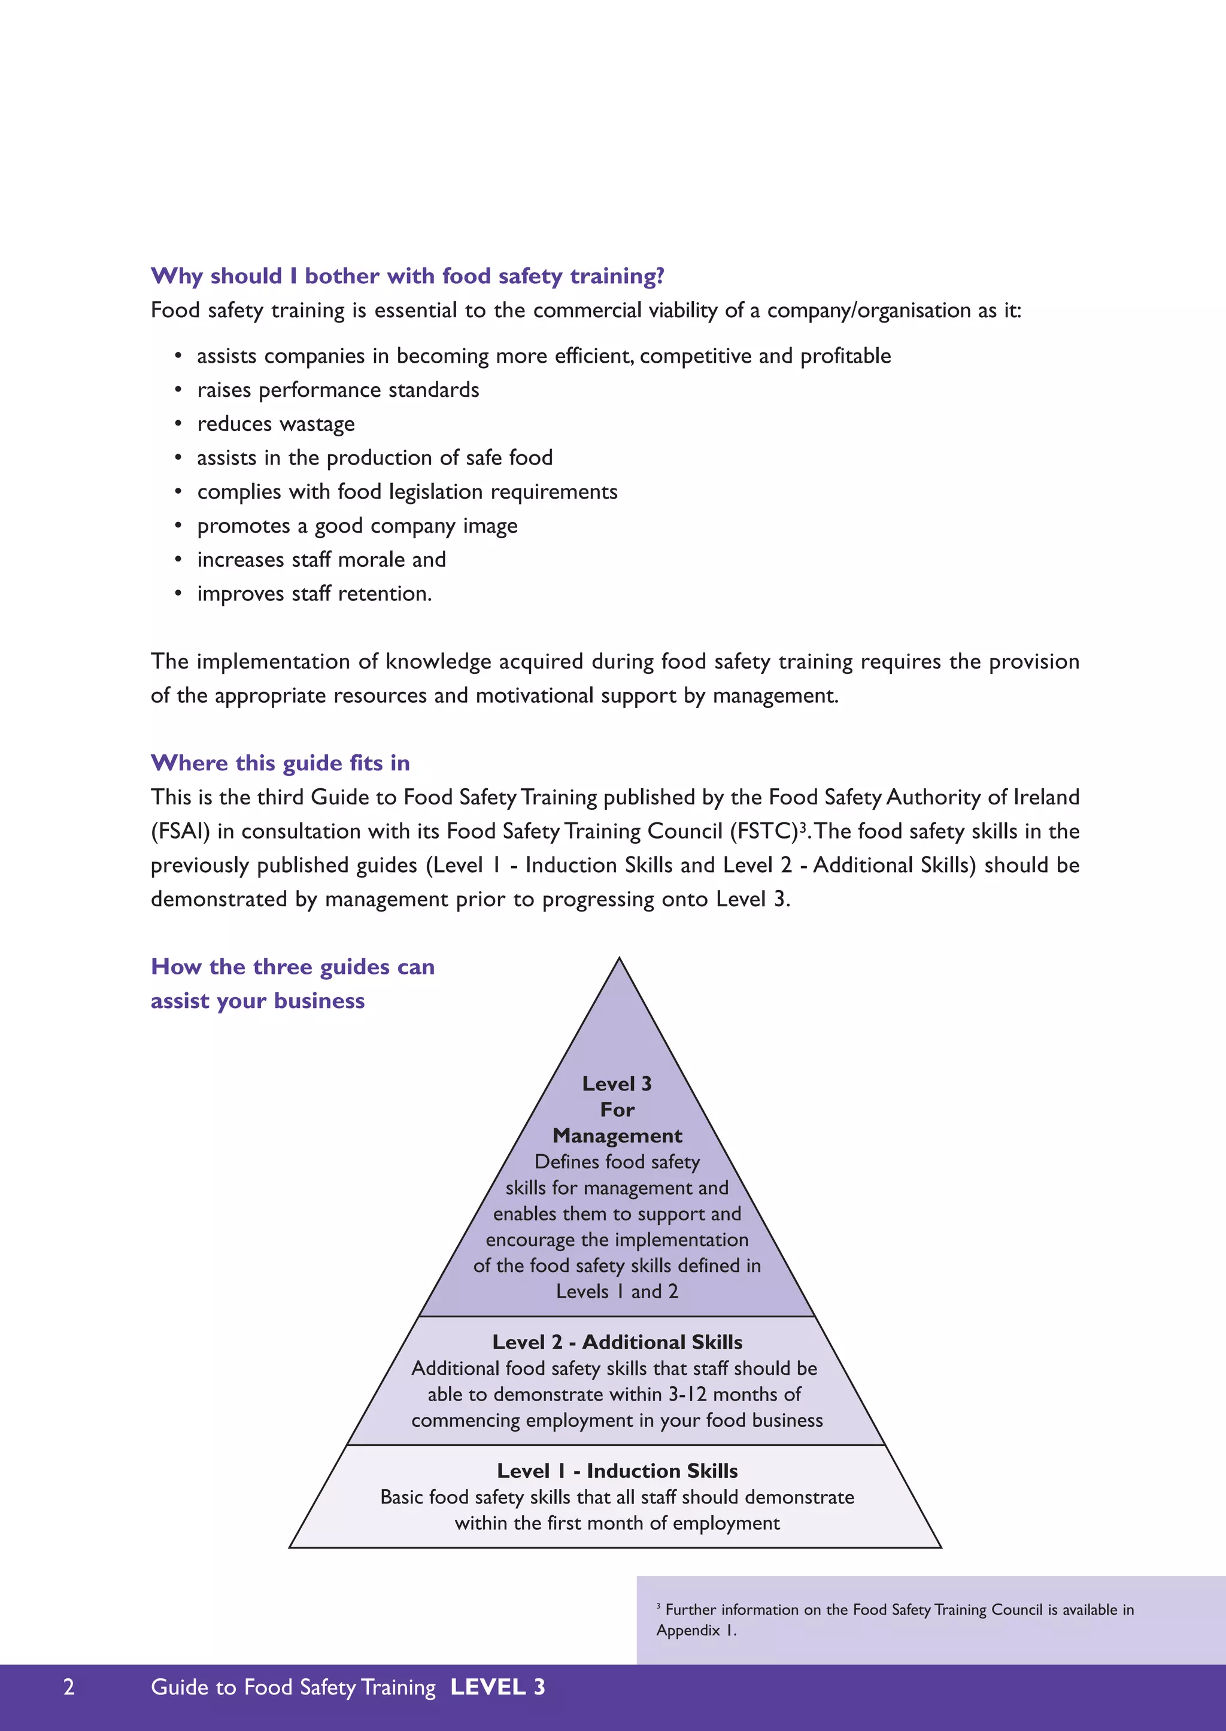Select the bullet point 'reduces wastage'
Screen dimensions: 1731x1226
point(275,424)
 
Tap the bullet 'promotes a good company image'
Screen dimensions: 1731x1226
point(357,526)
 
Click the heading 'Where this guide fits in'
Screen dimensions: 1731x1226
point(280,763)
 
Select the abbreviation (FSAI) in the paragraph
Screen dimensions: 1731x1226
point(180,831)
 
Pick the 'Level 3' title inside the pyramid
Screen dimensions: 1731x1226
point(617,1083)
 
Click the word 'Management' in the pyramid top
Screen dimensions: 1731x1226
point(617,1135)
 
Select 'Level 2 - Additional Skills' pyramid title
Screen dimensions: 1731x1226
point(617,1341)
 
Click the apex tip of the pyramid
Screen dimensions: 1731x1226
point(619,960)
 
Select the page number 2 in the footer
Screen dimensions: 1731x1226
point(69,1687)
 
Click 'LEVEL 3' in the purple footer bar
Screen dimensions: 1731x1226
point(497,1687)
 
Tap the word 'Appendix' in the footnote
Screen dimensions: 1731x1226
point(688,1630)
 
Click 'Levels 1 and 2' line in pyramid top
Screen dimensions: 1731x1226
point(617,1291)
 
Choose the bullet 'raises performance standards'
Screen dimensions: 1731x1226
point(338,390)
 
